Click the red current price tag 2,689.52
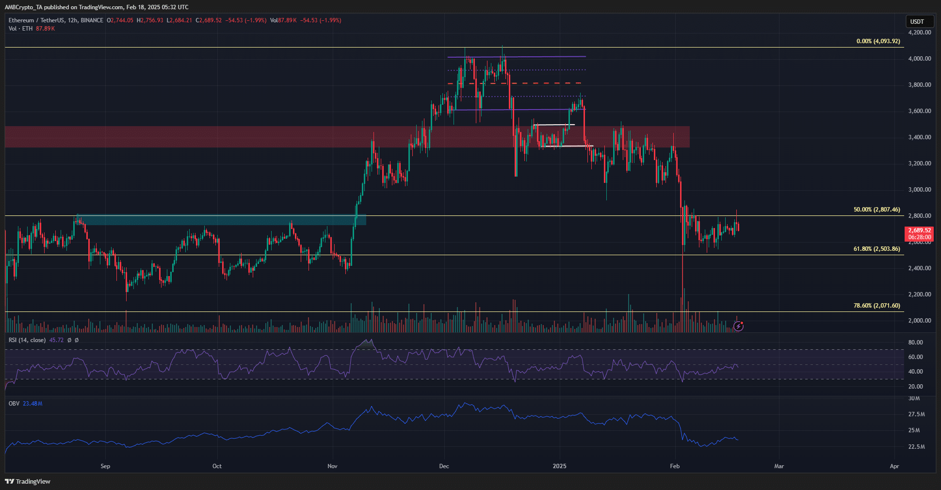919,230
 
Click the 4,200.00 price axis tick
919,33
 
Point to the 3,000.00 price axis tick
919,190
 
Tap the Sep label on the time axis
105,466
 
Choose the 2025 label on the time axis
559,466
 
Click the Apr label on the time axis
894,466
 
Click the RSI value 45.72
56,340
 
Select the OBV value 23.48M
32,404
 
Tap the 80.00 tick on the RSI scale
915,343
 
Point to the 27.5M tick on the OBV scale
916,414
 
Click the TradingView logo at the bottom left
28,481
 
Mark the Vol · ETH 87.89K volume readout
32,29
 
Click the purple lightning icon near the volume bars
738,326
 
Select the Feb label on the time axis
675,466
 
